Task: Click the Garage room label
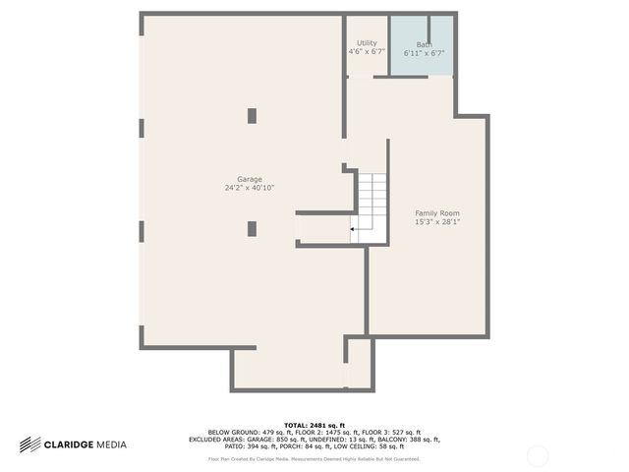[250, 179]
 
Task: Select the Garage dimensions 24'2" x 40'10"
[250, 188]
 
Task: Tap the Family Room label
[437, 213]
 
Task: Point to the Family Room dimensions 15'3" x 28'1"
[437, 222]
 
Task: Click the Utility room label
[367, 43]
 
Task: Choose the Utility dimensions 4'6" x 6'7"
[367, 52]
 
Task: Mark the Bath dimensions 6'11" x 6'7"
[424, 53]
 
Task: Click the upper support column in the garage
[252, 116]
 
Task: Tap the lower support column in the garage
[252, 228]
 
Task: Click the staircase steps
[372, 202]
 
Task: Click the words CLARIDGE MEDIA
[86, 445]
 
